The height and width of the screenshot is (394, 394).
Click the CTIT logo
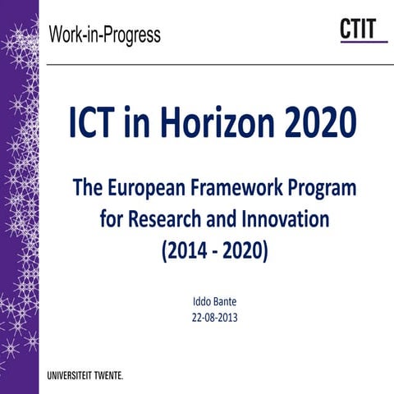[x=362, y=30]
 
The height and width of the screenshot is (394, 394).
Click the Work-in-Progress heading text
[x=104, y=36]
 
